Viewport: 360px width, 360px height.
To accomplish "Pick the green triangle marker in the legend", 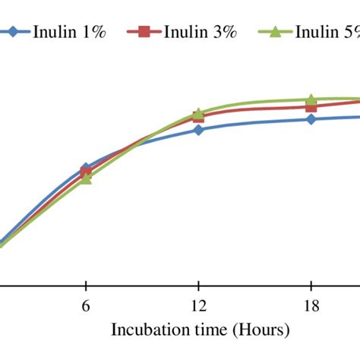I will pos(276,32).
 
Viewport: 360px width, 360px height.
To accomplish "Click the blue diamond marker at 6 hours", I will pos(86,168).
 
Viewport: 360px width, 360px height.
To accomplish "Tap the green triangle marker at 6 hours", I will pos(86,179).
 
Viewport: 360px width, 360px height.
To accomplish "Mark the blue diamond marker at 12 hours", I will pos(198,130).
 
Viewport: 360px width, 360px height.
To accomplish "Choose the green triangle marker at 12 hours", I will pos(198,113).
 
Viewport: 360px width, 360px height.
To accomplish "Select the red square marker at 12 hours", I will pos(198,118).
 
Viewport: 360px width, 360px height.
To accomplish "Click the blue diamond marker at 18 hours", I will pos(311,119).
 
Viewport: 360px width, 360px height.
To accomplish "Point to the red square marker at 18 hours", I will pos(311,107).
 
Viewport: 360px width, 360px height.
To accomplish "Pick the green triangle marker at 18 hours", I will pos(311,99).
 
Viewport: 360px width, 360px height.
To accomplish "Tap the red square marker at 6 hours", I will pos(86,174).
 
